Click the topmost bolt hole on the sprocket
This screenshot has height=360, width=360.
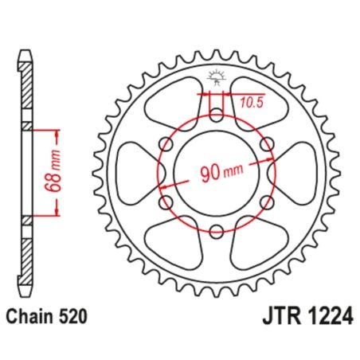pyautogui.click(x=215, y=112)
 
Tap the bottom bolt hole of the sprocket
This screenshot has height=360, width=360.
pyautogui.click(x=215, y=232)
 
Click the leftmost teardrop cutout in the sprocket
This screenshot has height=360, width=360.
pyautogui.click(x=135, y=172)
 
